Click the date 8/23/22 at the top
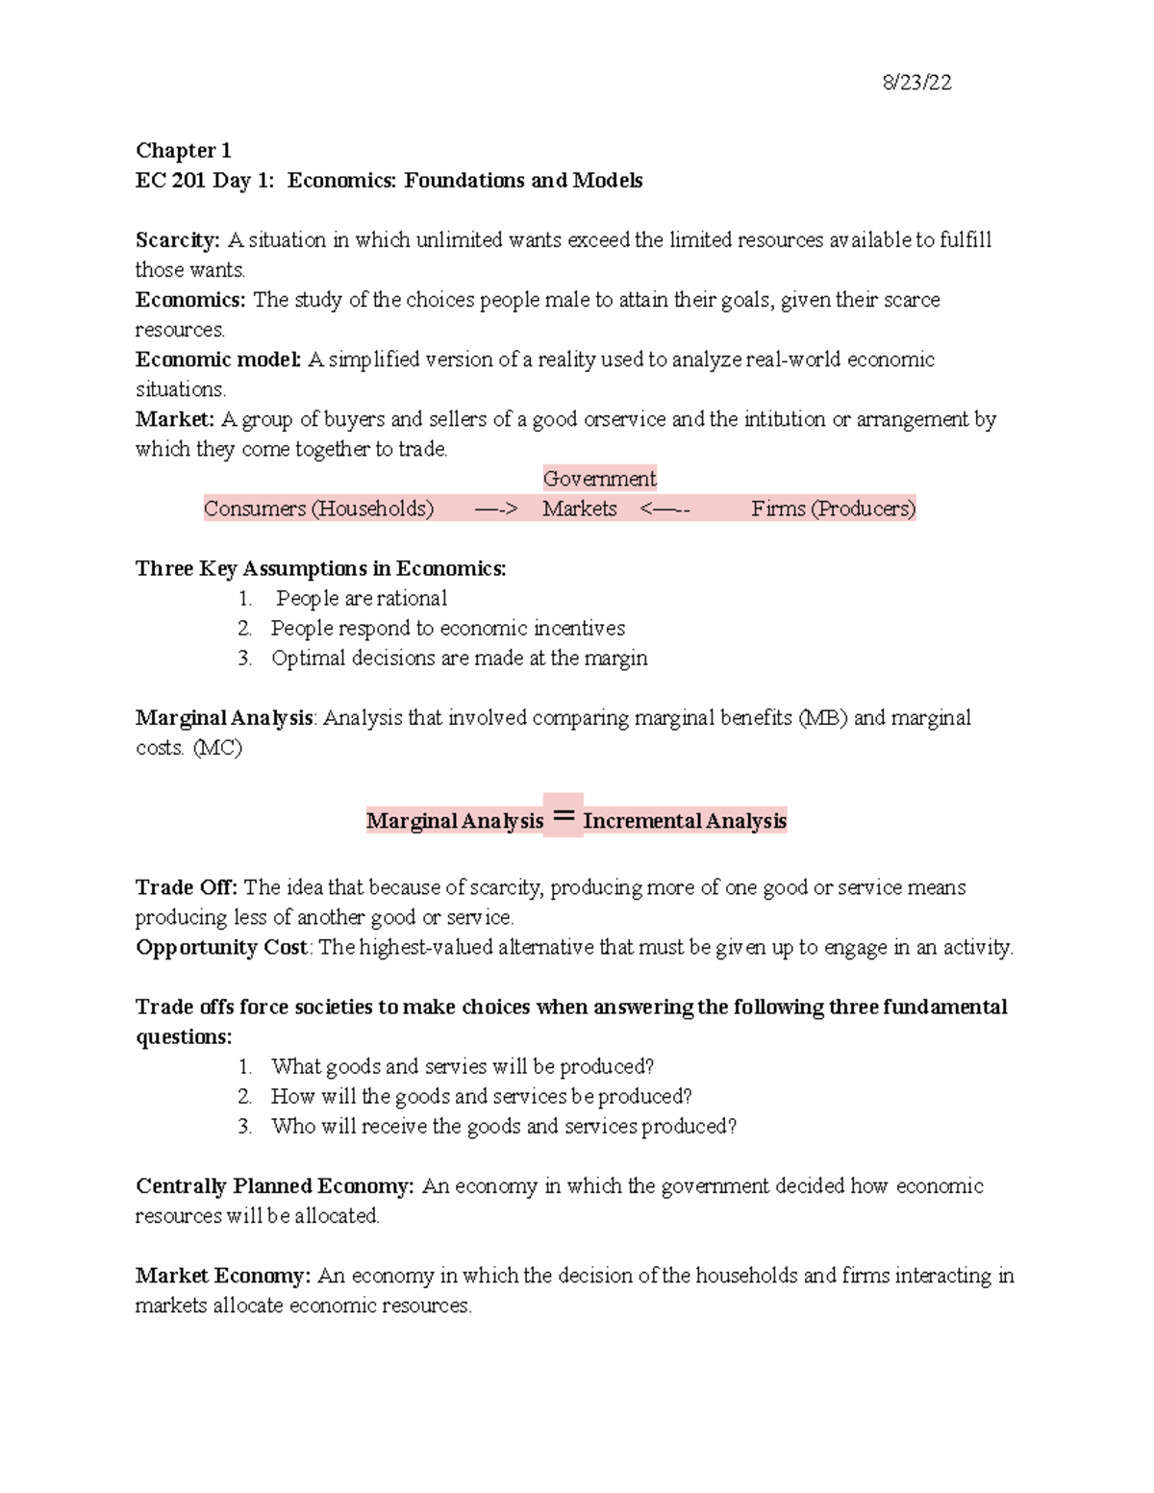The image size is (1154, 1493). coord(916,83)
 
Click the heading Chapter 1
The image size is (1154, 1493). coord(183,151)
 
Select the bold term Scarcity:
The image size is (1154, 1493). coord(178,240)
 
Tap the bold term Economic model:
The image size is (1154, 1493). coord(218,360)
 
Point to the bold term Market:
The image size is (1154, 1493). coord(174,419)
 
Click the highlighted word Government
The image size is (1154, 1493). coord(599,479)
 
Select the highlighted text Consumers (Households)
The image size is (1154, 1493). coord(318,509)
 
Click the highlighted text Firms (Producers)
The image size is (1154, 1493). coord(833,509)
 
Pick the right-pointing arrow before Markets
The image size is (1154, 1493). coord(496,510)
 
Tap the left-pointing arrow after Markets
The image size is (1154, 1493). coord(665,510)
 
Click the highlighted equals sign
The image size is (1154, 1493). coord(564,817)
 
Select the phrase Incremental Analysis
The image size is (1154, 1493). coord(685,821)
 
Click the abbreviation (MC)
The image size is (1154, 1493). coord(217,748)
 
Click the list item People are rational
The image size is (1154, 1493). coord(362,599)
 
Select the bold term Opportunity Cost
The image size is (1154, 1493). coord(221,947)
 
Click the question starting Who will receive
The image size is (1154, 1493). coord(504,1127)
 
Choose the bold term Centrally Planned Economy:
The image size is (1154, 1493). coord(274,1186)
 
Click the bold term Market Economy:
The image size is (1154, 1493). coord(223,1276)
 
